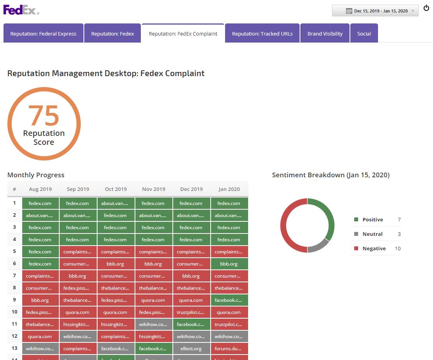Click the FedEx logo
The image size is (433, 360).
tap(21, 10)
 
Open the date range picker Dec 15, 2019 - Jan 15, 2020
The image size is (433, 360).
tap(375, 11)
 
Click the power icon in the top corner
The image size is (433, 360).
tap(426, 8)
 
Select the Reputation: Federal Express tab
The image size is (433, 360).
tap(43, 34)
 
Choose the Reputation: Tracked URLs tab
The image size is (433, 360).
tap(262, 34)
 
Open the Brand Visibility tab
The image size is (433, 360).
tap(325, 34)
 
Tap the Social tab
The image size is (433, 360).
tap(364, 34)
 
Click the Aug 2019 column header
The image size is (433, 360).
tap(40, 189)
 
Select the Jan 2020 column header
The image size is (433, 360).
tap(229, 189)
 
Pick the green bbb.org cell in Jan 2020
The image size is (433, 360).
tap(229, 264)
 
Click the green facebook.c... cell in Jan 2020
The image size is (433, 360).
tap(229, 300)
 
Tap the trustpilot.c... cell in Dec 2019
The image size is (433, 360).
tap(191, 312)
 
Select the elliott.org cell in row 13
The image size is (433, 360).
tap(191, 349)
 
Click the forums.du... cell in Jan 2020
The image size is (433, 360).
tap(229, 349)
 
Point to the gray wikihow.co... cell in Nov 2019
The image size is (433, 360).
tap(153, 324)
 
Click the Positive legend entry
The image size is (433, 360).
tap(373, 220)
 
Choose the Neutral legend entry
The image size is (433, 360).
tap(372, 234)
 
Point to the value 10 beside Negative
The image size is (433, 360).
tap(398, 249)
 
